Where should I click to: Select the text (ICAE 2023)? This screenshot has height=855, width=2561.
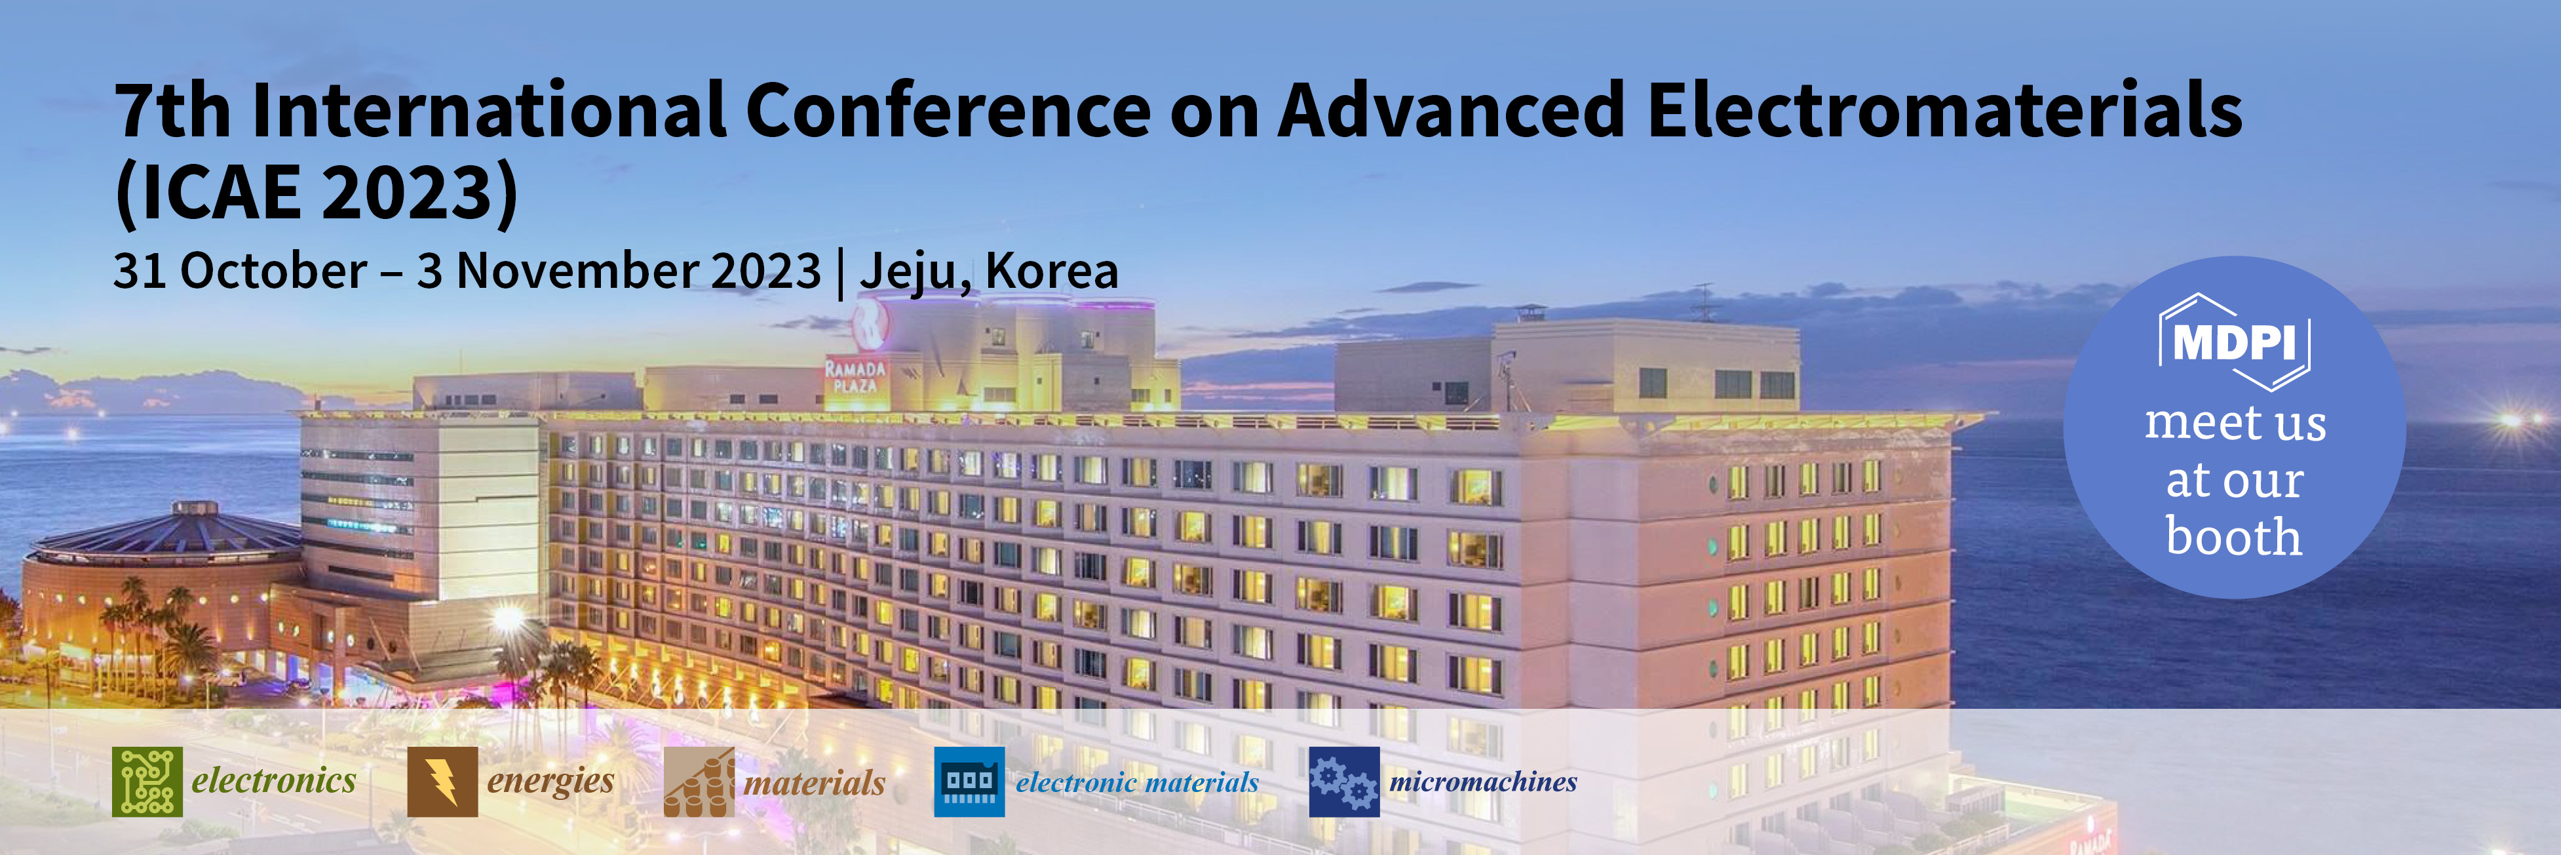(x=316, y=192)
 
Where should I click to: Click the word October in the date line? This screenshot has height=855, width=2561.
(x=273, y=270)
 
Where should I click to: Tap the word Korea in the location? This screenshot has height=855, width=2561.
(x=1052, y=270)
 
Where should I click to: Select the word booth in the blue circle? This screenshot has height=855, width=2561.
(x=2234, y=537)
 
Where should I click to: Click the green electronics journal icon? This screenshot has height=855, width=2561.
(x=147, y=782)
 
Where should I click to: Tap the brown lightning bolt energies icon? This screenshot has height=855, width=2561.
(x=442, y=782)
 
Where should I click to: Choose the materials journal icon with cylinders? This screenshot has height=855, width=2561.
(x=699, y=782)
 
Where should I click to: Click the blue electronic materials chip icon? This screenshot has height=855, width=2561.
(x=969, y=782)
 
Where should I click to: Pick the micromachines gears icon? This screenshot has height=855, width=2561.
(x=1344, y=782)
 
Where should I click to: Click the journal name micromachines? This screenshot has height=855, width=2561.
(x=1482, y=782)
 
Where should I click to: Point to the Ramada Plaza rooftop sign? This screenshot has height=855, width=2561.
(x=856, y=376)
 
